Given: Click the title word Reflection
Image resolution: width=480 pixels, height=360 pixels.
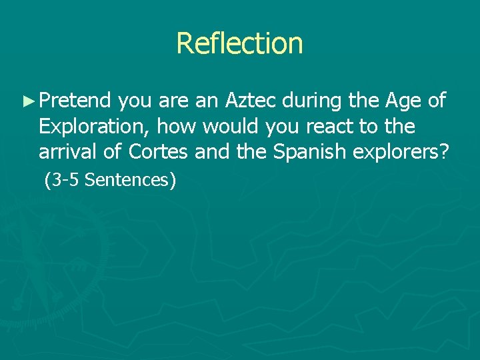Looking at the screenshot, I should pos(239,43).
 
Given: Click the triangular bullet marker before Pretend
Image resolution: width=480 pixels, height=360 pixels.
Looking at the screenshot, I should pos(27,101).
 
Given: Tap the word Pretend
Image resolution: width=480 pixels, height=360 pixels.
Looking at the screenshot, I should pos(75,101).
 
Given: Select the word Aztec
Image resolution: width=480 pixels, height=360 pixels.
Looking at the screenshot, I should pos(251,101).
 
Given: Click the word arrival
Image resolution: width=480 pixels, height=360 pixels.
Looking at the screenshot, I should pos(65,151).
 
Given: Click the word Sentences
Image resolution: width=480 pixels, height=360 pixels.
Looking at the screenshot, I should pos(127,179).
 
